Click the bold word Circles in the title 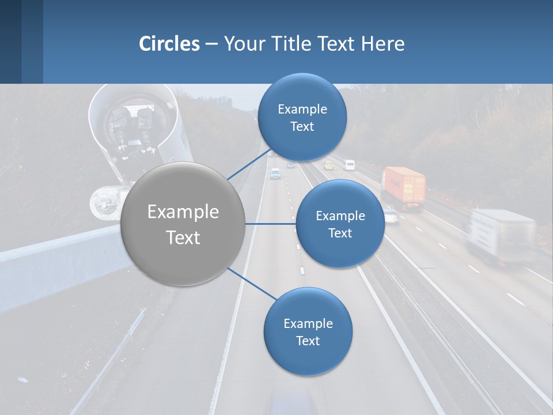[x=169, y=43]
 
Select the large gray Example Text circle [x=183, y=224]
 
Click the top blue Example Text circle [x=302, y=117]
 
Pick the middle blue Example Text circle [x=340, y=224]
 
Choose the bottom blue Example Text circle [x=308, y=331]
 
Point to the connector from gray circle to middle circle [x=270, y=224]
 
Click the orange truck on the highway [x=403, y=187]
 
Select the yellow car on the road [x=328, y=165]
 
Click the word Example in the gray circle [x=183, y=212]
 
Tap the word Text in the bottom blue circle [x=308, y=341]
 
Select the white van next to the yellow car [x=350, y=165]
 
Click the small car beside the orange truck [x=391, y=216]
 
